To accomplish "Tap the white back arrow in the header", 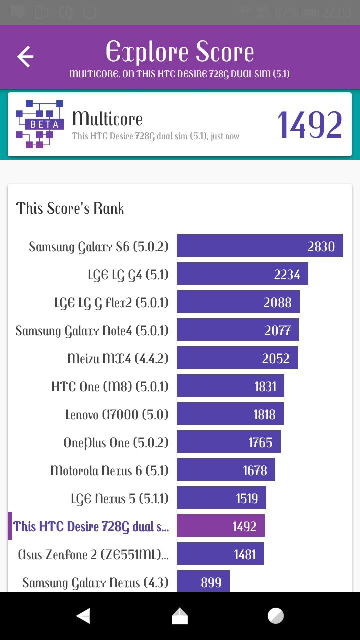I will tap(25, 57).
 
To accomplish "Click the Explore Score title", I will tap(180, 52).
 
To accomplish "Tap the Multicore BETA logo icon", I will tap(40, 124).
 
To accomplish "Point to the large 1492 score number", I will tap(310, 125).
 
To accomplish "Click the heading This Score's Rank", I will tap(70, 208).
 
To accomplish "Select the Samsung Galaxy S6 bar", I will tap(260, 246).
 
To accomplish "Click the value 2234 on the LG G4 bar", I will tap(287, 274).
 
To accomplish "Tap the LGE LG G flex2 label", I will tap(111, 302).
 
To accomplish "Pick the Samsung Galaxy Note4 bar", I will tap(237, 330).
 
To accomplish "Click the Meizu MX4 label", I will tap(118, 358).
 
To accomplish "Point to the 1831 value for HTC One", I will tap(265, 386).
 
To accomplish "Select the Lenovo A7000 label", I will tap(117, 414).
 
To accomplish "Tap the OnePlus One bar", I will tap(228, 442).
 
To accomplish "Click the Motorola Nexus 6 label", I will tap(109, 470).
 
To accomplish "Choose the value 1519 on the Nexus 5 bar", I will tap(247, 498).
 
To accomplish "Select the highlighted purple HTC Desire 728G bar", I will tap(220, 526).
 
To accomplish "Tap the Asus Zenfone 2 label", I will tap(93, 554).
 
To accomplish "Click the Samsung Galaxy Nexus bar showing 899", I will tap(203, 581).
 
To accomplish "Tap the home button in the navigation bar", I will tap(180, 616).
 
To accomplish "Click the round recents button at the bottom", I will tap(275, 616).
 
